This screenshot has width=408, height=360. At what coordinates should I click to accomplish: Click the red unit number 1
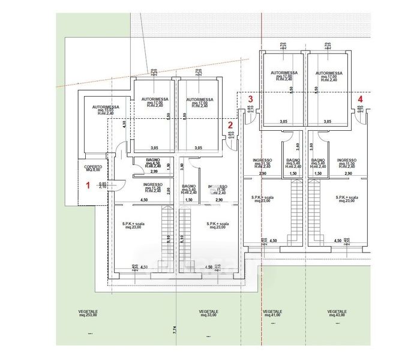pos(88,186)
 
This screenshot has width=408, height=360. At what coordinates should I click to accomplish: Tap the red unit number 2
pos(230,125)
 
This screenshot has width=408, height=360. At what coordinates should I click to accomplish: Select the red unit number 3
pos(251,99)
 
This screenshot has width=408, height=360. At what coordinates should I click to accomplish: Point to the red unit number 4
pos(360,99)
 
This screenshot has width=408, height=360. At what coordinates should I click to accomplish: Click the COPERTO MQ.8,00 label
pos(93,169)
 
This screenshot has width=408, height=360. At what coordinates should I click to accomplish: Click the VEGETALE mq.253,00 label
pos(88,314)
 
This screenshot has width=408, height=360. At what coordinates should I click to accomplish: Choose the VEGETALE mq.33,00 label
pos(209,314)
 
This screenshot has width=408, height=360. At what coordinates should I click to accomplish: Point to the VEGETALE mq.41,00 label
pos(272,314)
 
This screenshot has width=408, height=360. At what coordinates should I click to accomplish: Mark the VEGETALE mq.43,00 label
pos(337,314)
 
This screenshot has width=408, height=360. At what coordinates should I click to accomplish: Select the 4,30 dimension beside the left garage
pos(124,124)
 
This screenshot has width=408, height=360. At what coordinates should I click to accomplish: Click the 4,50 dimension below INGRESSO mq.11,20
pos(144,200)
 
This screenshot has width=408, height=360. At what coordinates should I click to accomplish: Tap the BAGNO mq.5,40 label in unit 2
pos(190,189)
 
